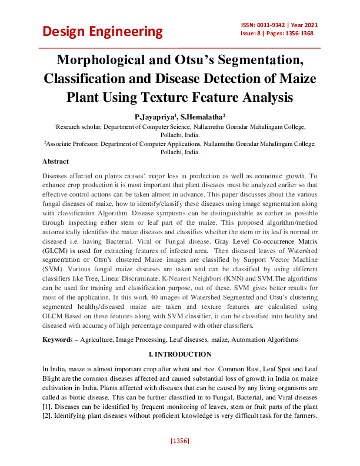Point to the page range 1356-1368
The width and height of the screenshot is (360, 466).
click(296, 34)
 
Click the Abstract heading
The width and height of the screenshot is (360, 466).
click(56, 161)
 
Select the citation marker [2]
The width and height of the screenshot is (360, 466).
click(46, 417)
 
